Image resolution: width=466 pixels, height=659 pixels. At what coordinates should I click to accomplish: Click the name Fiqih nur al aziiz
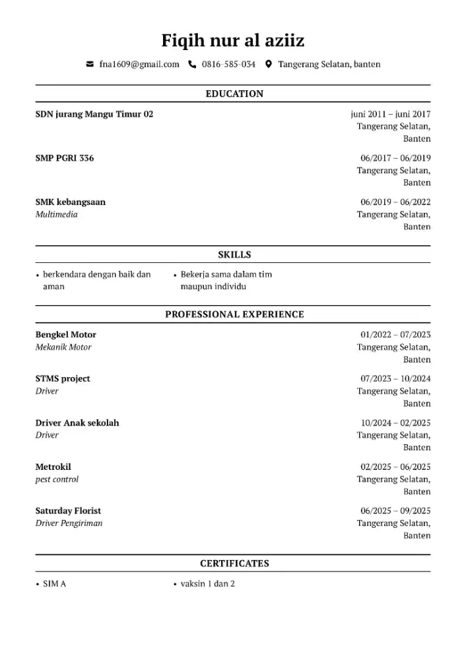tap(233, 41)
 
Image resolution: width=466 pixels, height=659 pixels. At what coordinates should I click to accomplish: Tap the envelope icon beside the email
tap(90, 65)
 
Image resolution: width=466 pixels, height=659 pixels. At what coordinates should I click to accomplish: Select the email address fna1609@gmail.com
tap(139, 65)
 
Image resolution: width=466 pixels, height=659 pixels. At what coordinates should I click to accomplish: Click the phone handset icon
tap(193, 65)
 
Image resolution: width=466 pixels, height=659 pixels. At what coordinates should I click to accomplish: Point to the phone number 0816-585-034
tap(228, 65)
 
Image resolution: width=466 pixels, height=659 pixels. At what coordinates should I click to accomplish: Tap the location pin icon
tap(269, 65)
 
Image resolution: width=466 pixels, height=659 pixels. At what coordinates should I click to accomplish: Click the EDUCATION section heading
tap(234, 94)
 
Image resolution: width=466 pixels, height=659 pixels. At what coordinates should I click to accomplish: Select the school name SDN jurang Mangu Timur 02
tap(94, 114)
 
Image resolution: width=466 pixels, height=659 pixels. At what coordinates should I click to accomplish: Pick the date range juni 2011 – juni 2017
tap(390, 114)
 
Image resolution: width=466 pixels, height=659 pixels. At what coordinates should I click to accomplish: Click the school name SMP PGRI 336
tap(65, 158)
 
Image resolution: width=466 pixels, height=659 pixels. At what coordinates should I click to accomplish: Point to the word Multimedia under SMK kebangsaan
tap(56, 214)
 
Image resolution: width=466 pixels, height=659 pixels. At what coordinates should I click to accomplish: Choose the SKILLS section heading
tap(234, 254)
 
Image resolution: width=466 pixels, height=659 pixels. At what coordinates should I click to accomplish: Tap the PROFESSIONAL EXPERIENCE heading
tap(234, 314)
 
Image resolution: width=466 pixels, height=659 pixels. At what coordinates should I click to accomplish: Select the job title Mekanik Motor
tap(63, 347)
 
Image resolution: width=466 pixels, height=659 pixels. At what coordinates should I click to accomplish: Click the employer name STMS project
tap(63, 379)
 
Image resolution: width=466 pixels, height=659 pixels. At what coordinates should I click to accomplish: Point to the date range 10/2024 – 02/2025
tap(395, 423)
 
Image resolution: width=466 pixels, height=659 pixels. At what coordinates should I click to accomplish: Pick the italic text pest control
tap(57, 479)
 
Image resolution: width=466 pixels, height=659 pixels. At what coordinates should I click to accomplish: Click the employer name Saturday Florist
tap(68, 511)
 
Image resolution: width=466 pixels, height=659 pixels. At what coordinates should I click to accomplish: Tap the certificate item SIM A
tap(54, 584)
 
